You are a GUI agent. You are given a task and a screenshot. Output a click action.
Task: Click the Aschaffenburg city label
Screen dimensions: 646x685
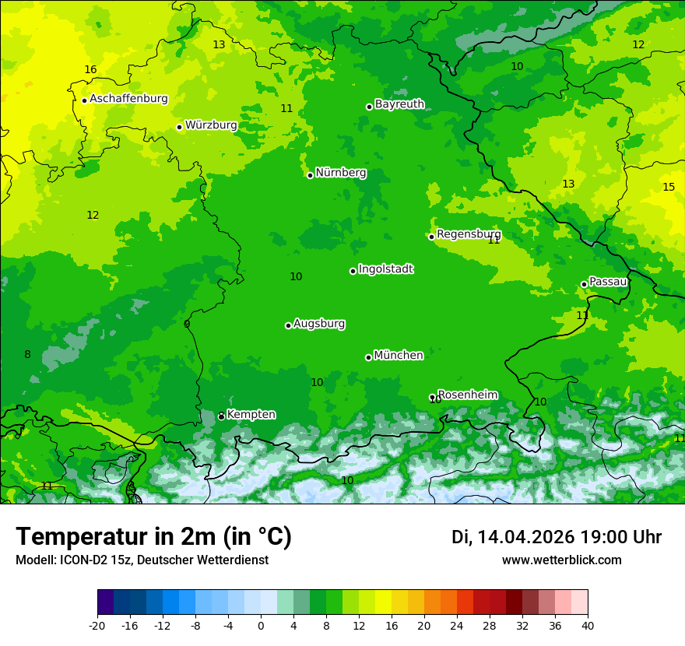[x=128, y=99]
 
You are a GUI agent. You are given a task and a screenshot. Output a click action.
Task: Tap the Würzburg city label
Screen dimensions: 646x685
[x=211, y=125]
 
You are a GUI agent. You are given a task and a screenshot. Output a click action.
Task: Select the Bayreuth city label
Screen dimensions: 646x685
[x=399, y=104]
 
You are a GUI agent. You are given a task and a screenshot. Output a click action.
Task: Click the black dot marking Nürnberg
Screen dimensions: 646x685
[x=310, y=175]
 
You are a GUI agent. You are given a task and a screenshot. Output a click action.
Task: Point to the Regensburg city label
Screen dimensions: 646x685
[x=469, y=234]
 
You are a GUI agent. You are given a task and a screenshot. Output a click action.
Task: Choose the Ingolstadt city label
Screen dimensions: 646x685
[x=385, y=269]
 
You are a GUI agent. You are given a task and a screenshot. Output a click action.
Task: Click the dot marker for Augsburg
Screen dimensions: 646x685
[x=288, y=325]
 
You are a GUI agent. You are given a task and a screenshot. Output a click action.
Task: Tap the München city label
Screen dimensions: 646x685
[x=399, y=356]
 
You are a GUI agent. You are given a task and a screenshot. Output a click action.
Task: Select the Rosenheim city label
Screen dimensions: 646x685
[x=467, y=395]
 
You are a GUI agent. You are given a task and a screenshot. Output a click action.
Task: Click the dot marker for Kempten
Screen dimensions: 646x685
[x=221, y=416]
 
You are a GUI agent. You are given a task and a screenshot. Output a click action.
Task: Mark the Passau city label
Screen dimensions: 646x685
[x=607, y=282]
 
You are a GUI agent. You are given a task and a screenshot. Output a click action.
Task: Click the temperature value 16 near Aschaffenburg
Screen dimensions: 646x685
[x=90, y=70]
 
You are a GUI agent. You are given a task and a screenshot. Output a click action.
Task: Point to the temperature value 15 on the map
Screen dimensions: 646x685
[x=669, y=188]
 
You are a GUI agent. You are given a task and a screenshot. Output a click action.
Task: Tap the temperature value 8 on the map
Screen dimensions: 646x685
[x=27, y=355]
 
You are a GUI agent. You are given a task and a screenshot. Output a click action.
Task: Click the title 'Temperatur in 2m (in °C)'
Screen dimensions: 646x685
[x=153, y=537]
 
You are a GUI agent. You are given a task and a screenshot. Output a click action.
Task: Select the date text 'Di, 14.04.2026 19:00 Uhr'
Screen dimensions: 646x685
[x=557, y=537]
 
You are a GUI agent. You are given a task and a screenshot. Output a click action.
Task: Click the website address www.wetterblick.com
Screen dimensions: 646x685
[x=561, y=560]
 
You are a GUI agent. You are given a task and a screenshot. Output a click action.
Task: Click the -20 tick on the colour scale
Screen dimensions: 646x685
[x=97, y=625]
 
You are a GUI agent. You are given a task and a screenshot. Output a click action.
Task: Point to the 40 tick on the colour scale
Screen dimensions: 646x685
[x=588, y=625]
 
